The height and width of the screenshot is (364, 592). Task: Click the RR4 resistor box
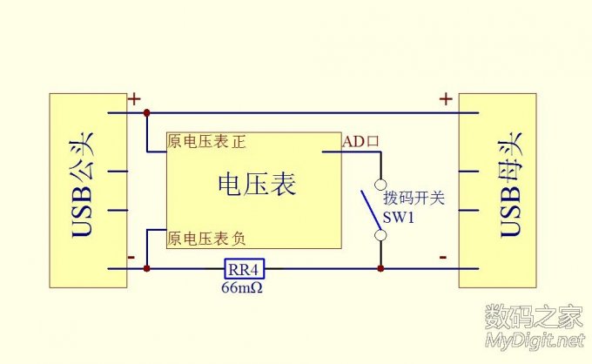[245, 268]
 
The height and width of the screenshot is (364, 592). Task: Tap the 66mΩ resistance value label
[243, 286]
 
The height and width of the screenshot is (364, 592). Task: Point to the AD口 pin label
[360, 141]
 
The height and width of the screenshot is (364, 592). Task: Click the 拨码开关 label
[414, 199]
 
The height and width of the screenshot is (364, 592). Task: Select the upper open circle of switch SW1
[380, 184]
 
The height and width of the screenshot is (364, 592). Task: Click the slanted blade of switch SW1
[371, 209]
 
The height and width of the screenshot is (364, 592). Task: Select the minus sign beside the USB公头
[131, 257]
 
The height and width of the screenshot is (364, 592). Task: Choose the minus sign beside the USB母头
[443, 257]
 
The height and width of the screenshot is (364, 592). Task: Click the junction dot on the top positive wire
[146, 113]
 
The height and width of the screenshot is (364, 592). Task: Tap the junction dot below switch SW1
[380, 268]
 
